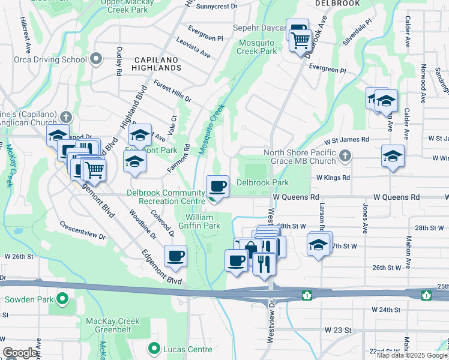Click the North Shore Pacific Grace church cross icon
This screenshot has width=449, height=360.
(345, 156)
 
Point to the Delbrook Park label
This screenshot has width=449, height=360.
(262, 182)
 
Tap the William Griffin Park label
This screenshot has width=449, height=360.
(202, 221)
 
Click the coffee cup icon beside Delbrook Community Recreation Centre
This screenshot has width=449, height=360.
(217, 186)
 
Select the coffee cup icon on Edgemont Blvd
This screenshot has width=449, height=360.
(175, 256)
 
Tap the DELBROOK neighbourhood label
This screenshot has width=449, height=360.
(337, 4)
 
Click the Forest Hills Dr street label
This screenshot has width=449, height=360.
(172, 91)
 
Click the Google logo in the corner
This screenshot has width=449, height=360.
(20, 353)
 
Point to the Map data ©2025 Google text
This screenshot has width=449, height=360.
(412, 355)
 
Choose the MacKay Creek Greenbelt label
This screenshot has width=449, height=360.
(113, 326)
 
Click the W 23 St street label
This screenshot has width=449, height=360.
(337, 330)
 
